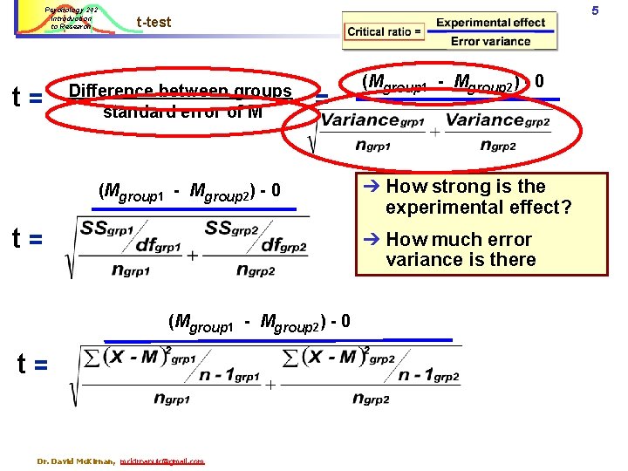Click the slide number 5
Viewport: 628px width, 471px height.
pos(618,10)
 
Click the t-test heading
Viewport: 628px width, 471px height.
pos(154,22)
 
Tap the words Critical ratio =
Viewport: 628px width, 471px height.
pos(385,32)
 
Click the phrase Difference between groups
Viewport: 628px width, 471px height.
pos(180,92)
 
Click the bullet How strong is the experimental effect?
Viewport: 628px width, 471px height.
pos(478,196)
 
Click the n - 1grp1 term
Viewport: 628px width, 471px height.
pos(229,375)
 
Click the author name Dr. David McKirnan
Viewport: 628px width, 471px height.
pos(76,461)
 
